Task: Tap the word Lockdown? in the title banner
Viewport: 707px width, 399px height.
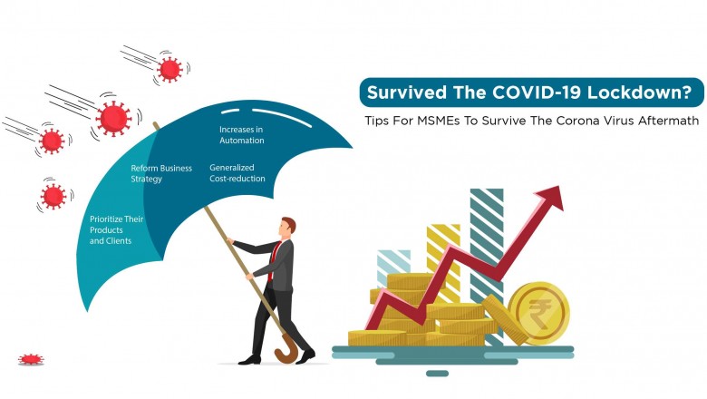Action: (634, 92)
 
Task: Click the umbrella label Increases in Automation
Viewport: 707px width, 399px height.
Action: (241, 134)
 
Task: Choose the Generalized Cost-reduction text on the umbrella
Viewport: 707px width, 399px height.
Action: (237, 172)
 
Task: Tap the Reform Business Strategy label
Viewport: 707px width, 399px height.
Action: (160, 173)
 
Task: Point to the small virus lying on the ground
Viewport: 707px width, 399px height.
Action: (31, 360)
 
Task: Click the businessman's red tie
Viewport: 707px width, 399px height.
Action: (273, 258)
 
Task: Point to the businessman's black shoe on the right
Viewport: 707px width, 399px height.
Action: (305, 356)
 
